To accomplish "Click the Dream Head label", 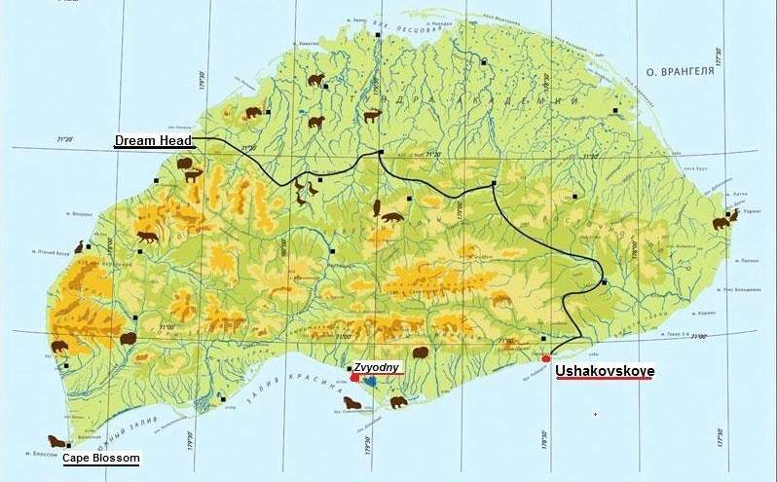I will click(153, 141).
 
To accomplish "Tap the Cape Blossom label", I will click(101, 458).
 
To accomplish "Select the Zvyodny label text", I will click(374, 368).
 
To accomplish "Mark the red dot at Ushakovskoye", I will click(545, 359).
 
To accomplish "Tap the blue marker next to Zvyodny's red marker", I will click(370, 382).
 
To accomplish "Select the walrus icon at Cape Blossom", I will click(55, 441).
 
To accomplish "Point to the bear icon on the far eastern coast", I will click(721, 223).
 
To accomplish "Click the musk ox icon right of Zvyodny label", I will click(421, 352).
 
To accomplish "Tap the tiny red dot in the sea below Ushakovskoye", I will click(595, 415).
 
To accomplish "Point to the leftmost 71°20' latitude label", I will click(65, 142).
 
